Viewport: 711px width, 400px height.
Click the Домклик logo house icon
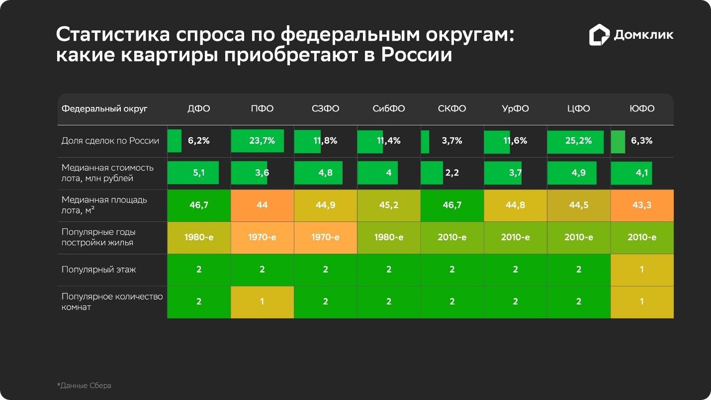tap(599, 35)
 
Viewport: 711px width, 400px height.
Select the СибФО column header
tap(389, 109)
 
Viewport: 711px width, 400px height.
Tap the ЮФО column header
tap(642, 109)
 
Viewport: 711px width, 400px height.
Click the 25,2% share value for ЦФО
tap(578, 141)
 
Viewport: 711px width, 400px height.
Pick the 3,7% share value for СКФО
tap(452, 141)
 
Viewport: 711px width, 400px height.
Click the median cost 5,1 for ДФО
tap(199, 173)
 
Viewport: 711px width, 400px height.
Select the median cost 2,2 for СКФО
tap(452, 173)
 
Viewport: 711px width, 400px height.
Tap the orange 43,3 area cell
tap(642, 205)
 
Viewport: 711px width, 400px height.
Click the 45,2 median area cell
tap(389, 205)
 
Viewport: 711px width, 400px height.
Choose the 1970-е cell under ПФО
tap(262, 237)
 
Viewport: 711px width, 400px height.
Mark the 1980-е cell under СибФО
tap(389, 237)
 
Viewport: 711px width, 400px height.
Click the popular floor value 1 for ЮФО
tap(642, 270)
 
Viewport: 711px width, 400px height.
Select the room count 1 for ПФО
tap(262, 301)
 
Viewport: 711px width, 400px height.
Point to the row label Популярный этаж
tap(98, 270)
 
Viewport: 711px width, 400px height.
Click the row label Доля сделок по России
tap(110, 141)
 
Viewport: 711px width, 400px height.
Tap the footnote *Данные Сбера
tap(84, 386)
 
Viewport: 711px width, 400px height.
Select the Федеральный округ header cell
tap(104, 109)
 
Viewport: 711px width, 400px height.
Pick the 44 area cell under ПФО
tap(262, 205)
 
